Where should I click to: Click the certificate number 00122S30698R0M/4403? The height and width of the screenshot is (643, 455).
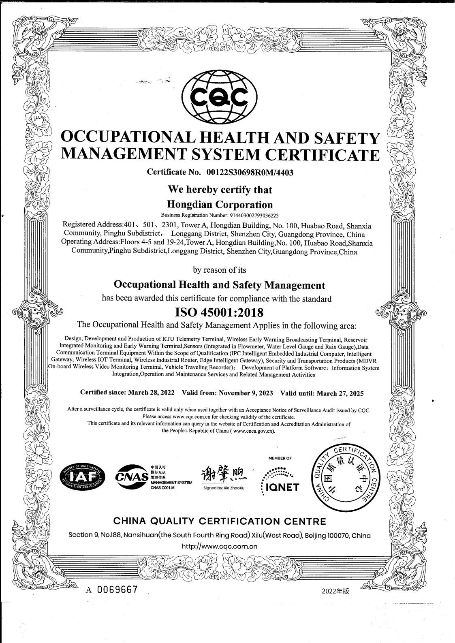(250, 172)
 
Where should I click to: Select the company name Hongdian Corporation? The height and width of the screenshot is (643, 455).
(220, 204)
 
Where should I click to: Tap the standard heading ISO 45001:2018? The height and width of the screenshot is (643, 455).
(219, 312)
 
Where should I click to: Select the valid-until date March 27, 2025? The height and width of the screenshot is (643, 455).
(340, 393)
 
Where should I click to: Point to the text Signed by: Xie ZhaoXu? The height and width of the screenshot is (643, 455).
(224, 488)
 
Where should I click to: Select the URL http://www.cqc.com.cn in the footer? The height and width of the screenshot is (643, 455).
(220, 546)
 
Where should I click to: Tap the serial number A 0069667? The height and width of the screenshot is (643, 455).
(111, 590)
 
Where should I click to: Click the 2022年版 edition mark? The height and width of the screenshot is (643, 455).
(335, 591)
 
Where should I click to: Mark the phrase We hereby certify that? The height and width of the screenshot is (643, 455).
(220, 189)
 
